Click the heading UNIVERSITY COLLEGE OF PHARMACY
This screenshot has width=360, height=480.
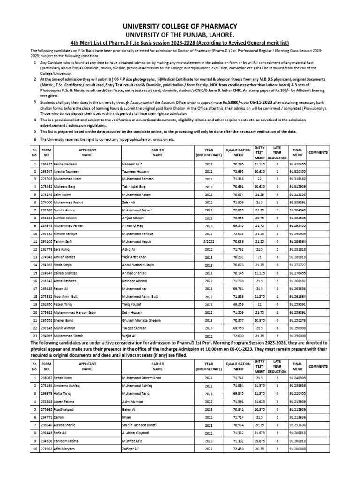(x=180, y=26)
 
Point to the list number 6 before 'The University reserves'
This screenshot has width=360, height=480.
(x=34, y=140)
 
